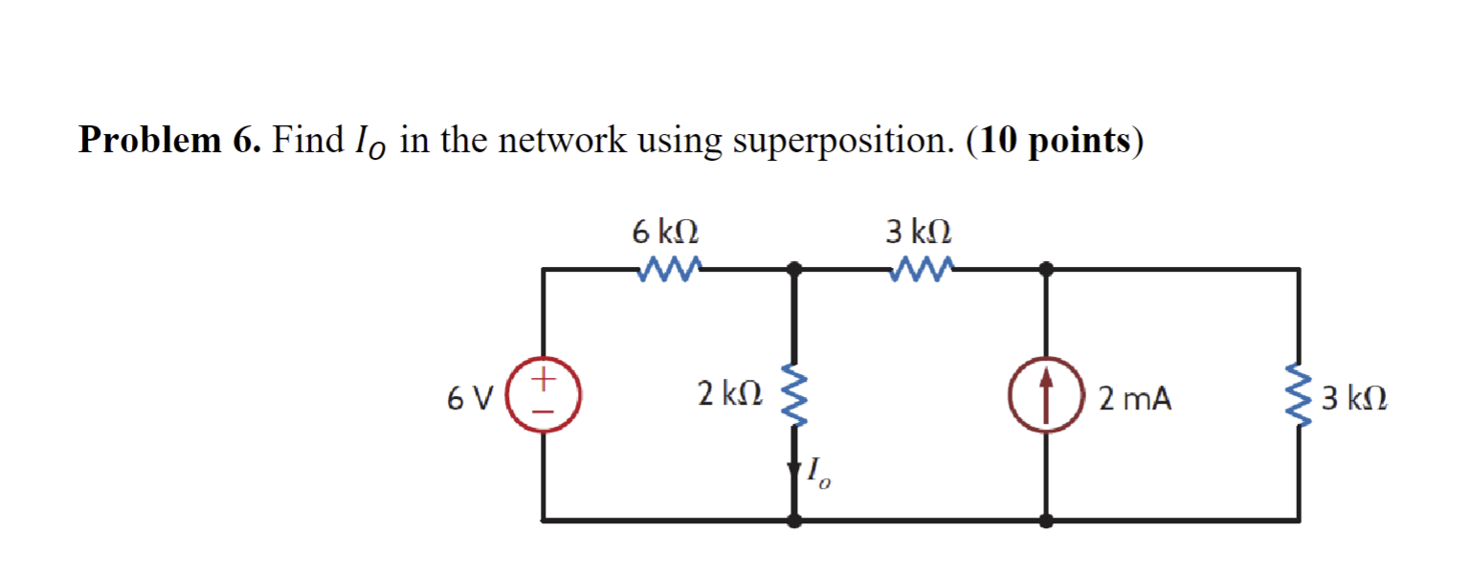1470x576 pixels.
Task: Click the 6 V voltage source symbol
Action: click(x=544, y=395)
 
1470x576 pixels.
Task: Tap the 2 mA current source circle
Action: click(x=1047, y=396)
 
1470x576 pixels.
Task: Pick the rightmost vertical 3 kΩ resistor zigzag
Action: click(x=1299, y=395)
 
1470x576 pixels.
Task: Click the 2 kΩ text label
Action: click(x=729, y=393)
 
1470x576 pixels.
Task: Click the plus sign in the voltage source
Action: click(x=544, y=380)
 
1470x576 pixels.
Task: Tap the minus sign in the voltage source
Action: click(x=544, y=411)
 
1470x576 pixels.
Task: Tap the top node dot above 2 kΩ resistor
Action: click(x=793, y=269)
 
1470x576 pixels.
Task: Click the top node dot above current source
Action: click(x=1047, y=269)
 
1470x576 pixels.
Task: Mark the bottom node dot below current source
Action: click(x=1047, y=521)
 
